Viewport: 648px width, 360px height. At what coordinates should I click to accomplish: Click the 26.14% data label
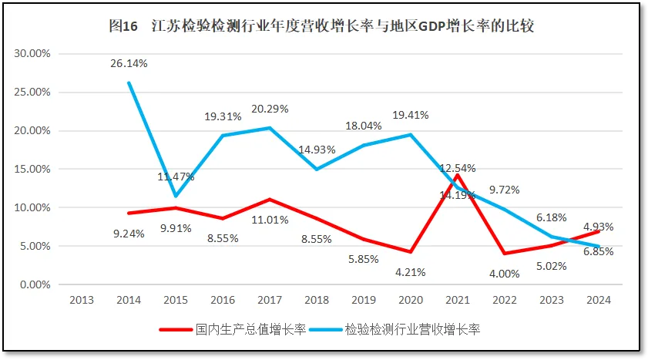pyautogui.click(x=129, y=63)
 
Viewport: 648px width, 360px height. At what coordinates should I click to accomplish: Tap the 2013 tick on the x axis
pyautogui.click(x=82, y=301)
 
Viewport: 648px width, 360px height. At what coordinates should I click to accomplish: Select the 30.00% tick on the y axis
pyautogui.click(x=32, y=53)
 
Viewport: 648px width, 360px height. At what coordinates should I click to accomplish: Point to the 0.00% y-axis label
pyautogui.click(x=35, y=284)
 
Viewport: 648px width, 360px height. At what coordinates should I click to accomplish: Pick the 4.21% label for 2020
pyautogui.click(x=411, y=271)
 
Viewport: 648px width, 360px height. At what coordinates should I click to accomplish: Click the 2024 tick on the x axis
pyautogui.click(x=598, y=301)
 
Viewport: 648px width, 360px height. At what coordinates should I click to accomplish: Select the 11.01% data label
pyautogui.click(x=270, y=220)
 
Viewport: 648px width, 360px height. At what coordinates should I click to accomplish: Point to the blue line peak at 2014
pyautogui.click(x=129, y=82)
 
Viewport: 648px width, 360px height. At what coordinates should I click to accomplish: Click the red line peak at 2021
pyautogui.click(x=458, y=175)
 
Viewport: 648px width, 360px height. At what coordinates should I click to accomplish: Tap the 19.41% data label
pyautogui.click(x=411, y=115)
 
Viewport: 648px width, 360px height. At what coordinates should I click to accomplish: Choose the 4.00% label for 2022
pyautogui.click(x=505, y=271)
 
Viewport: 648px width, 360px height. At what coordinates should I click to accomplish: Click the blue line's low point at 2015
pyautogui.click(x=176, y=196)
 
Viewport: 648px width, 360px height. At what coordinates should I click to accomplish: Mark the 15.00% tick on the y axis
pyautogui.click(x=32, y=169)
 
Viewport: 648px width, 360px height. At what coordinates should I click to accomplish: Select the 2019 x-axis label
pyautogui.click(x=364, y=301)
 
